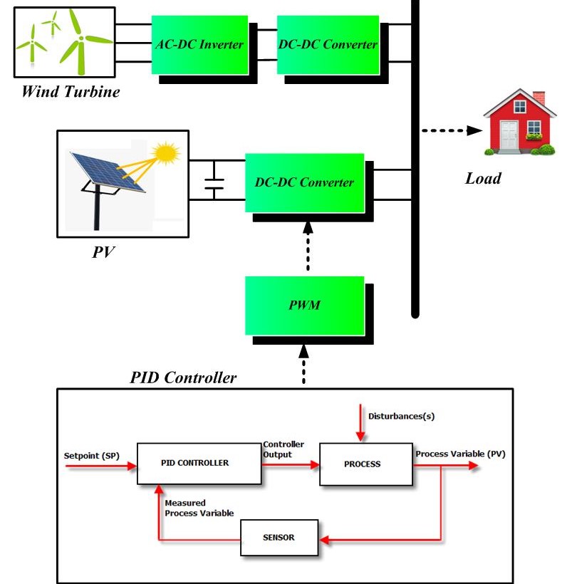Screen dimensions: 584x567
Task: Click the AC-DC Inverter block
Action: pos(199,43)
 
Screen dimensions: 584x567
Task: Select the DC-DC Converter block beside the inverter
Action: pos(327,43)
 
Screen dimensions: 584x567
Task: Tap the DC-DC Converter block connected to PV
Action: pos(304,182)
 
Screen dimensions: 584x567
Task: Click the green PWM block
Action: pos(304,306)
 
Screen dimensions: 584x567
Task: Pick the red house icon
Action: pos(519,122)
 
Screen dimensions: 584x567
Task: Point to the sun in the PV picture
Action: pos(167,153)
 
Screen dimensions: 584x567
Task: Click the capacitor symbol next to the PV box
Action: pos(213,182)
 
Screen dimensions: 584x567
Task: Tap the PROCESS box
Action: pos(362,464)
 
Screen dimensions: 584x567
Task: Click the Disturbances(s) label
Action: pos(400,416)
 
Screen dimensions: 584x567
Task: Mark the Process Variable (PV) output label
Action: pos(459,454)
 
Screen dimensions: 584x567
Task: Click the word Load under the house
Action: pos(483,178)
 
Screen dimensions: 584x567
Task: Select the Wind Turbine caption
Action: pos(70,91)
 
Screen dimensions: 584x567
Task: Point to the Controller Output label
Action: pos(283,449)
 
